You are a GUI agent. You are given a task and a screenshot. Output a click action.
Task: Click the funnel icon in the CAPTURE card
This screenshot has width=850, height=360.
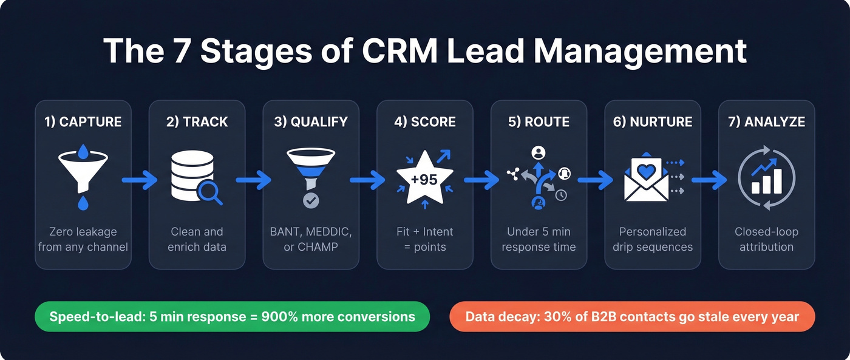pyautogui.click(x=83, y=173)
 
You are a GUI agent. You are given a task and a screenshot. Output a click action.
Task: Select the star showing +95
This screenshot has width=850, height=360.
pyautogui.click(x=424, y=179)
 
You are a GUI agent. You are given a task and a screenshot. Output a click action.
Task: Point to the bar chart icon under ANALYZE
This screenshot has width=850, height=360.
pyautogui.click(x=766, y=178)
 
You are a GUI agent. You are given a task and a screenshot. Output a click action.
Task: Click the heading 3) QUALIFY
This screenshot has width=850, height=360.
pyautogui.click(x=311, y=121)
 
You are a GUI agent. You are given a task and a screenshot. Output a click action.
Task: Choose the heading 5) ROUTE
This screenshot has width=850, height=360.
pyautogui.click(x=539, y=121)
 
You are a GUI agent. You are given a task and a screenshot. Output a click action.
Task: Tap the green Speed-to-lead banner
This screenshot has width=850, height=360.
pyautogui.click(x=232, y=316)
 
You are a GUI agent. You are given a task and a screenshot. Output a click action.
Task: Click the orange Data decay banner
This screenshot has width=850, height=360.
pyautogui.click(x=632, y=316)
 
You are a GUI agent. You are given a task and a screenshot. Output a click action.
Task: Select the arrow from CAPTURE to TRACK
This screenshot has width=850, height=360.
pyautogui.click(x=139, y=180)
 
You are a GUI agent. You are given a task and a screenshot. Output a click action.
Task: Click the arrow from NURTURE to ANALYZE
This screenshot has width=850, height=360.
pyautogui.click(x=709, y=180)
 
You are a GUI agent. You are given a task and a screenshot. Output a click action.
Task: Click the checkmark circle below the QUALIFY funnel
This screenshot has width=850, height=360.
pyautogui.click(x=311, y=200)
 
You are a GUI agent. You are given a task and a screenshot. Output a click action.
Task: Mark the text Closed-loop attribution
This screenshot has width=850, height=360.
pyautogui.click(x=766, y=239)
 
